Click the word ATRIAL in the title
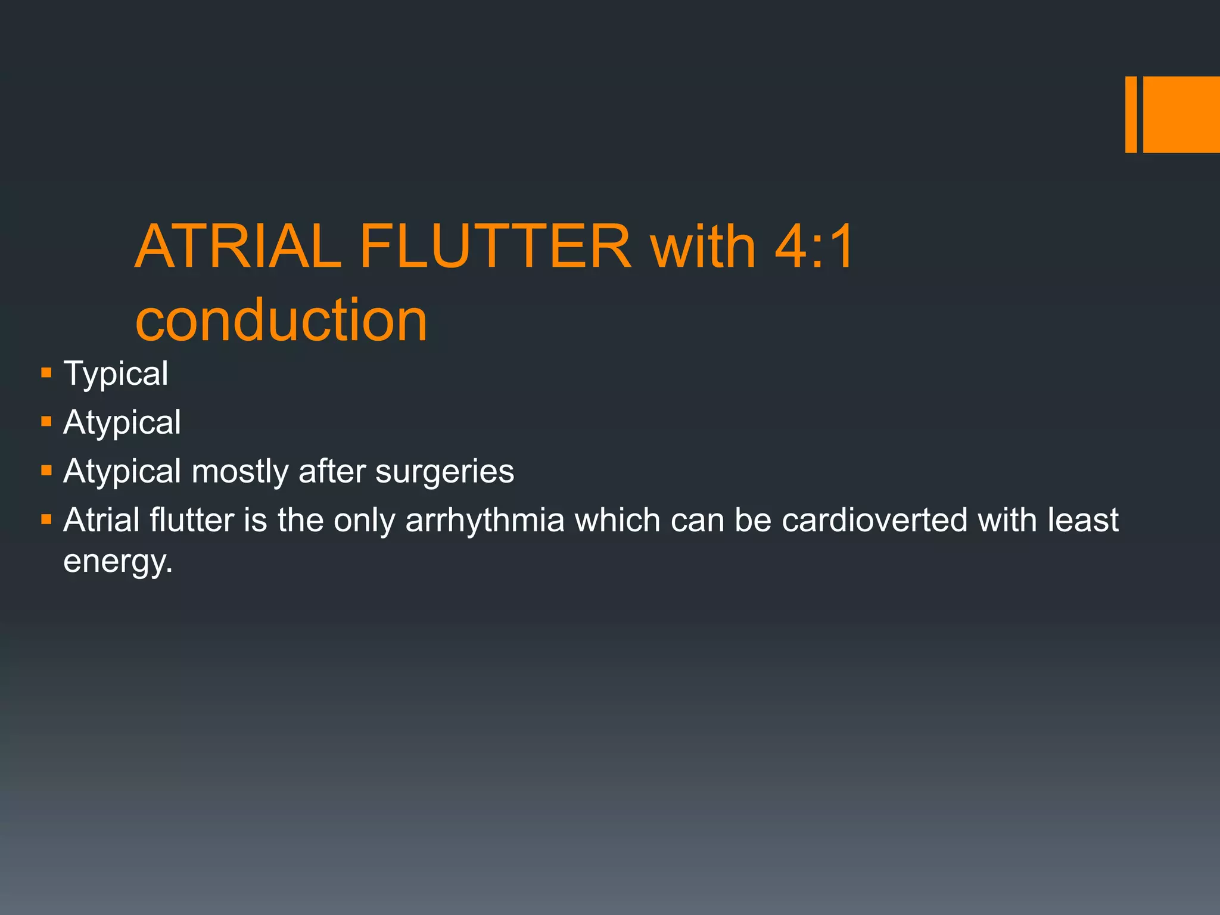click(238, 246)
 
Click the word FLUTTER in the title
click(496, 246)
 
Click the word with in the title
click(703, 246)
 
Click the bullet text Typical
click(116, 374)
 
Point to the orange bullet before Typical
click(46, 374)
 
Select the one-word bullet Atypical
click(122, 422)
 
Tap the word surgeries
click(444, 471)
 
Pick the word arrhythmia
click(484, 520)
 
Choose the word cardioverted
click(874, 520)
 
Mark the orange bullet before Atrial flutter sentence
click(46, 519)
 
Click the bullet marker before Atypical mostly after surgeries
click(46, 471)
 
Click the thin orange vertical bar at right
click(1131, 114)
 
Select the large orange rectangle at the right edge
click(1181, 114)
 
